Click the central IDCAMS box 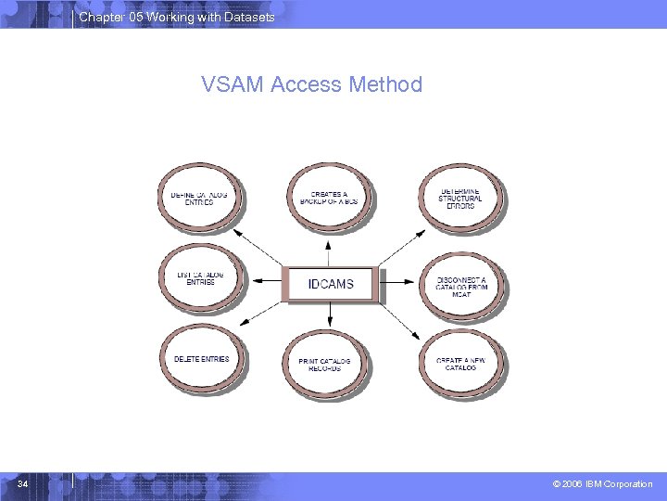click(331, 284)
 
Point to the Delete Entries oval click(201, 360)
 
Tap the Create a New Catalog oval click(460, 362)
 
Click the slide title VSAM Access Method click(311, 84)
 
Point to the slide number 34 click(23, 483)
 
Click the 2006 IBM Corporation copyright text click(603, 484)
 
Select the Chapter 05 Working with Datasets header click(176, 17)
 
